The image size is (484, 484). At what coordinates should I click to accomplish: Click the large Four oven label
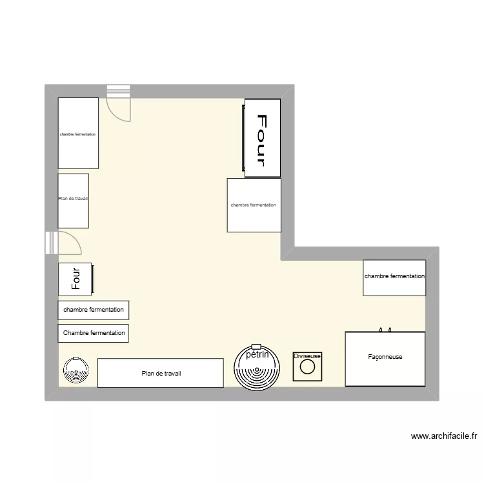point(263,139)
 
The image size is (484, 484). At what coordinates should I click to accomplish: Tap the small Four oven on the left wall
point(76,278)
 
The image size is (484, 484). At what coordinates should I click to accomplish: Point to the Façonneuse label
point(385,356)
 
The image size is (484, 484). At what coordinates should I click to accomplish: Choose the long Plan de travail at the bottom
point(161,373)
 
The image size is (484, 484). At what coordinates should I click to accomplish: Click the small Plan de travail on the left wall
point(73,200)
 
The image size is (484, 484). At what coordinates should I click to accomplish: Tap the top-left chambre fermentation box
point(78,134)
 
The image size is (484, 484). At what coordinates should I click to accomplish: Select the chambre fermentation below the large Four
point(254,205)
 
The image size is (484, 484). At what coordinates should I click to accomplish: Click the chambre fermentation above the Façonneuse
point(394,277)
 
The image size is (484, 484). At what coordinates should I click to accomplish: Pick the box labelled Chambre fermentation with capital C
point(93,333)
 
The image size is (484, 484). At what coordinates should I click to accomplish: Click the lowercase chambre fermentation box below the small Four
point(93,310)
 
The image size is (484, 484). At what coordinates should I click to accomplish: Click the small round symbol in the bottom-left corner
point(76,370)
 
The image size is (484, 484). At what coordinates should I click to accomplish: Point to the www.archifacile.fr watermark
point(444,436)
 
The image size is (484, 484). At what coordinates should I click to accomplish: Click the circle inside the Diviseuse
point(308,368)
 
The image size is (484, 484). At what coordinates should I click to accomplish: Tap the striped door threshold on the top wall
point(119,91)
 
